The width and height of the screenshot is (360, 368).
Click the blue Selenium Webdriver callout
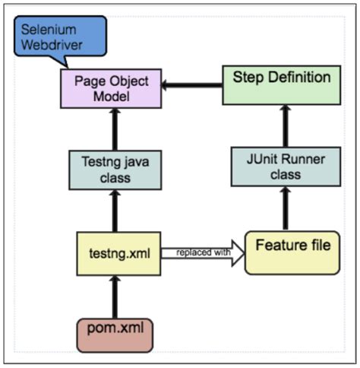click(60, 36)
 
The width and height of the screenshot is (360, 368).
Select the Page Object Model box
click(111, 88)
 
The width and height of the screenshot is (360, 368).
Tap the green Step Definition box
click(282, 85)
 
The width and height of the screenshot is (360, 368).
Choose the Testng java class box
click(115, 170)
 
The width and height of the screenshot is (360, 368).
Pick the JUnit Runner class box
click(286, 167)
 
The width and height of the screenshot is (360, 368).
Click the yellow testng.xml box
click(118, 253)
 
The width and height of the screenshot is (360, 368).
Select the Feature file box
click(292, 252)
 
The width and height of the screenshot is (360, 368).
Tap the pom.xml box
click(115, 335)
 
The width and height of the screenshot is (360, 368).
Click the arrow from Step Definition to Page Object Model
click(192, 85)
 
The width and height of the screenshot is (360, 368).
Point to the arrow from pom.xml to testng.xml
click(115, 297)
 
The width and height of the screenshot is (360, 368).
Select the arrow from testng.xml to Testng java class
click(115, 211)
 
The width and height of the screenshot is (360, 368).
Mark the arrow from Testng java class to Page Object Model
click(115, 129)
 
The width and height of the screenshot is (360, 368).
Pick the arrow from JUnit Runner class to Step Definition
click(286, 126)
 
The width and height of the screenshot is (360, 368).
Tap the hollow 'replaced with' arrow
click(203, 253)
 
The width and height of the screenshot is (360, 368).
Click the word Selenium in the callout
click(49, 30)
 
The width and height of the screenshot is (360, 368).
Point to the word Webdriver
click(52, 45)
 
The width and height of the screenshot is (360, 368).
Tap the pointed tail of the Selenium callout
click(68, 67)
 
